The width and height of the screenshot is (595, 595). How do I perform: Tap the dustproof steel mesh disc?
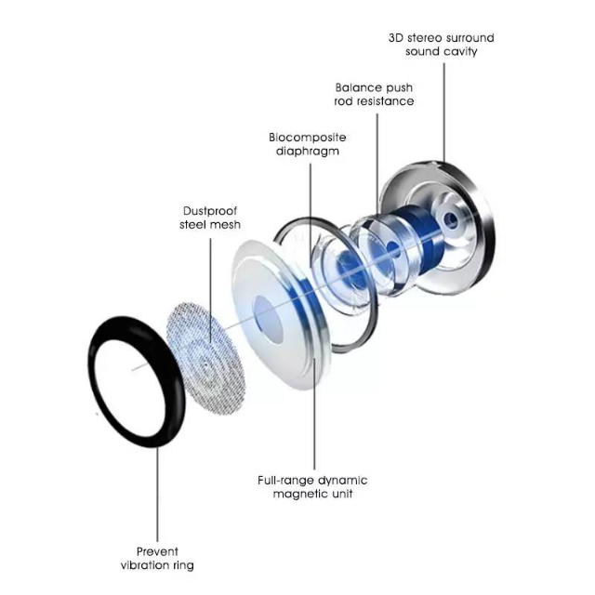pos(206,359)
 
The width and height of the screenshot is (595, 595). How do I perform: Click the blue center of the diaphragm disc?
pos(269,320)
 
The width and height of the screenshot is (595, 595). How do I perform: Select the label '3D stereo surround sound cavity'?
pos(442,45)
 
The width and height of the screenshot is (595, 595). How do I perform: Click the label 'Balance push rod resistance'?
pos(374,95)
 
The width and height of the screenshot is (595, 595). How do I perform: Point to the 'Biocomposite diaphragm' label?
pos(308,144)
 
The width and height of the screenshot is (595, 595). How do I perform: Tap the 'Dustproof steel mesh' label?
pos(210,218)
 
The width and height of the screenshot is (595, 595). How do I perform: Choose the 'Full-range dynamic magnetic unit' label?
pos(312,487)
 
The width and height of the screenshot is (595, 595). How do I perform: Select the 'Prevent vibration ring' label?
pos(157,558)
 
